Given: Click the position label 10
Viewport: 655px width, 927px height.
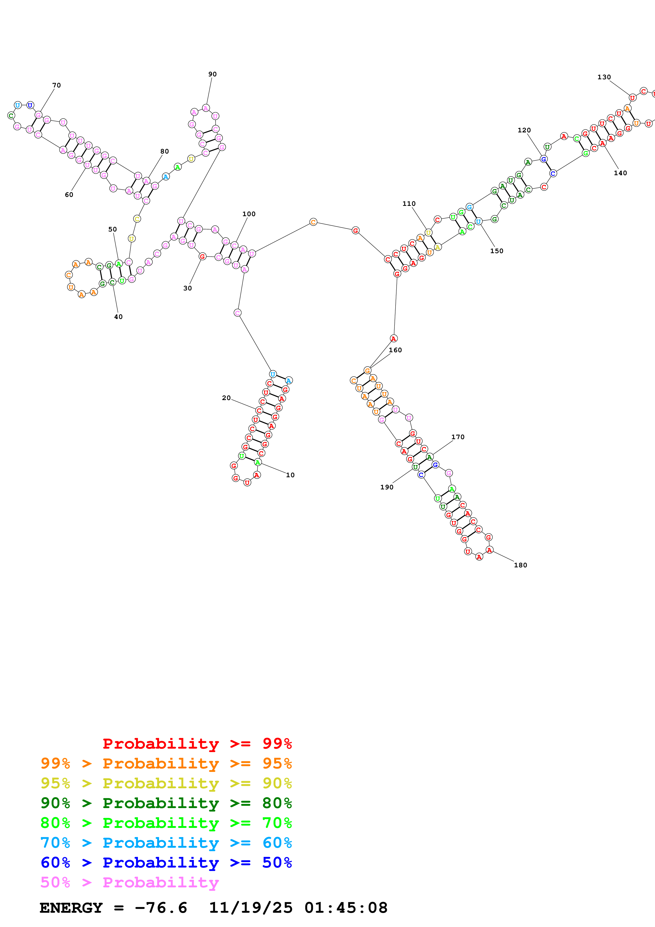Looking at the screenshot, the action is click(x=290, y=475).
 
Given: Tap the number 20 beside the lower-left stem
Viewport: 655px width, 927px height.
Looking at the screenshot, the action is click(x=226, y=398).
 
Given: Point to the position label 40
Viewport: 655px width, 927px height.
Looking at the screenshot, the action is click(x=118, y=317).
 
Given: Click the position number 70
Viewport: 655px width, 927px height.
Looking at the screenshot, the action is click(x=57, y=85).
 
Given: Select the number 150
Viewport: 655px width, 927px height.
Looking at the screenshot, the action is click(x=497, y=251).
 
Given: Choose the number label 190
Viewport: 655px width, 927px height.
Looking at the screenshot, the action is click(x=387, y=487).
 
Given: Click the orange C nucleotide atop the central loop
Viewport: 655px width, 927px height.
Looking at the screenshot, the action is click(x=313, y=222).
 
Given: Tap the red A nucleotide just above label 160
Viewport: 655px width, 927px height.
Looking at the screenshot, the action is click(x=393, y=338).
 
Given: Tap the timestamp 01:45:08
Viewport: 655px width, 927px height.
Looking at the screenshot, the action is click(x=346, y=908).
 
